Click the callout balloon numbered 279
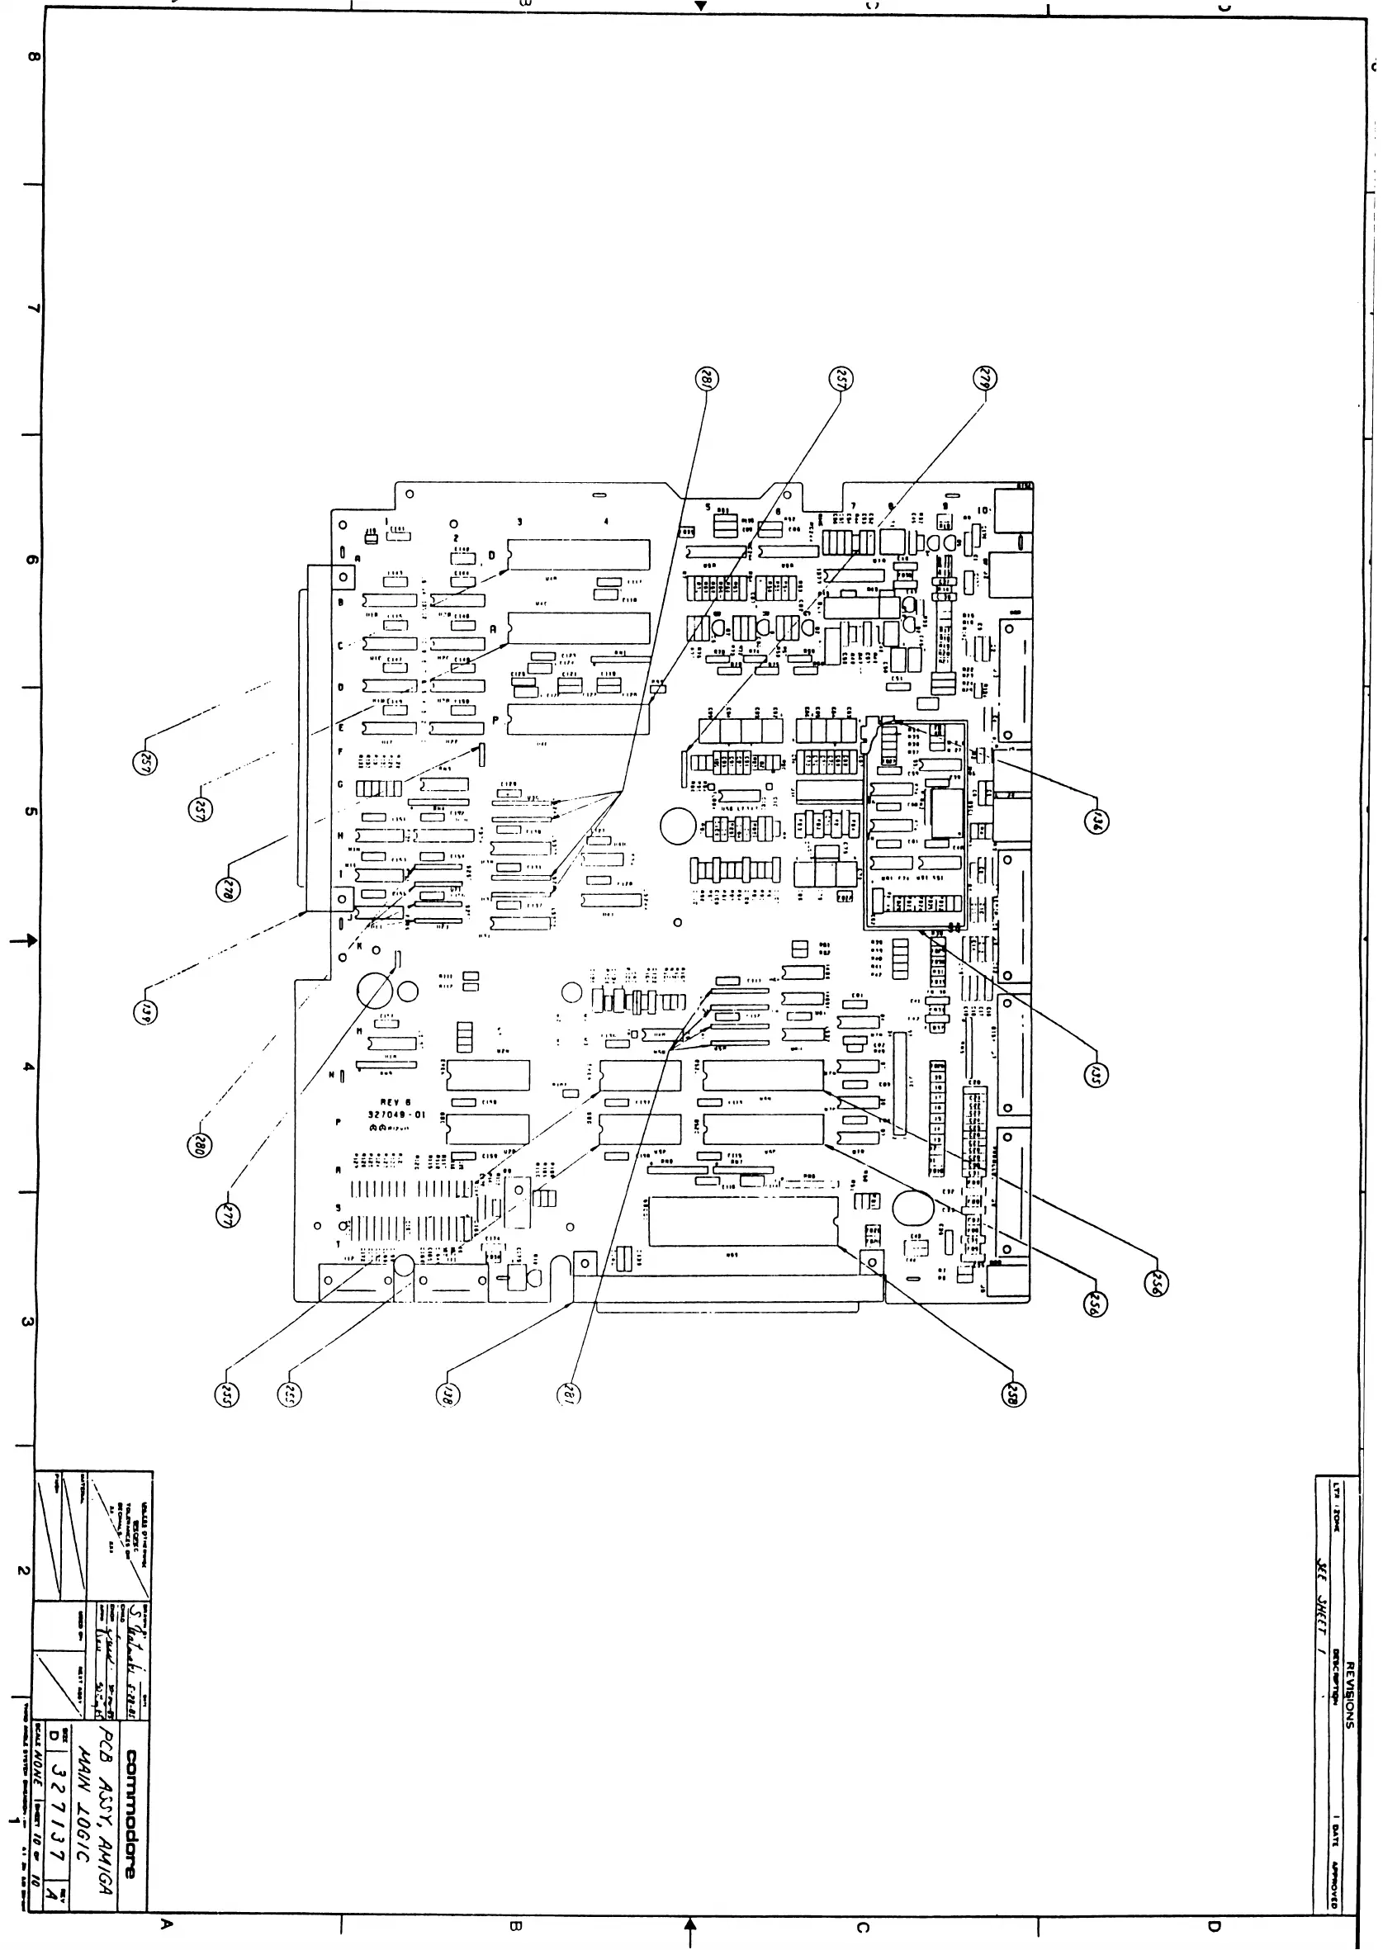[985, 378]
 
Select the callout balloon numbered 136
[1096, 821]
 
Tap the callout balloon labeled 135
[1096, 1076]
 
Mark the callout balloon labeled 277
[226, 1215]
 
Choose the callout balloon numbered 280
[199, 1144]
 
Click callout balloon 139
[144, 1011]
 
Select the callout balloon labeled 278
[227, 890]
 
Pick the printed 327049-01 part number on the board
[396, 1114]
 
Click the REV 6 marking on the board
[395, 1102]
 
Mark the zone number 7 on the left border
[31, 308]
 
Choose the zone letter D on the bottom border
[1213, 1925]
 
